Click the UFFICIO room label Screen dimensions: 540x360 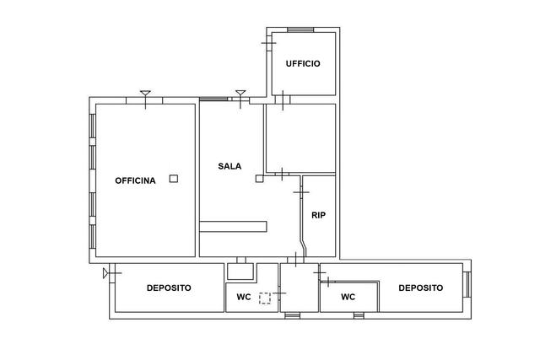click(303, 64)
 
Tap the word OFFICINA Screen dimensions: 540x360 click(135, 180)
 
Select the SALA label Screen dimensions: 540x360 click(229, 166)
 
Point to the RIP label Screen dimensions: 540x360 click(319, 216)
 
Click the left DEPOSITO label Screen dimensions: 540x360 click(169, 288)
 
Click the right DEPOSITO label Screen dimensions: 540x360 click(421, 288)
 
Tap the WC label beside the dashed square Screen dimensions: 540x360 click(244, 297)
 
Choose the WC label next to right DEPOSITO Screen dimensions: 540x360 click(348, 297)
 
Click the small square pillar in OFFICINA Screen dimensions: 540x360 click(174, 179)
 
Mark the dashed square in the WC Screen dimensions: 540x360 click(265, 298)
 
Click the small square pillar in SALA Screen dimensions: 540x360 click(259, 179)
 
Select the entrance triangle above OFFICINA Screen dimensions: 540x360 click(145, 93)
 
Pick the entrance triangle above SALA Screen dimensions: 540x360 click(240, 93)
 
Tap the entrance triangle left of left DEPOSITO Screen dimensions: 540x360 click(105, 273)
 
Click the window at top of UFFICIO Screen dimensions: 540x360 click(300, 30)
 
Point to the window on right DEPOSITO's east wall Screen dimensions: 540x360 click(467, 284)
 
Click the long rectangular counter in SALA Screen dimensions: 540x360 click(233, 227)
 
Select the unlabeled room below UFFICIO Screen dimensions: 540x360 click(301, 138)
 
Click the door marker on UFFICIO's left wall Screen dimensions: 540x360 click(268, 43)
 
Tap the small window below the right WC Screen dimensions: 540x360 click(359, 315)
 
